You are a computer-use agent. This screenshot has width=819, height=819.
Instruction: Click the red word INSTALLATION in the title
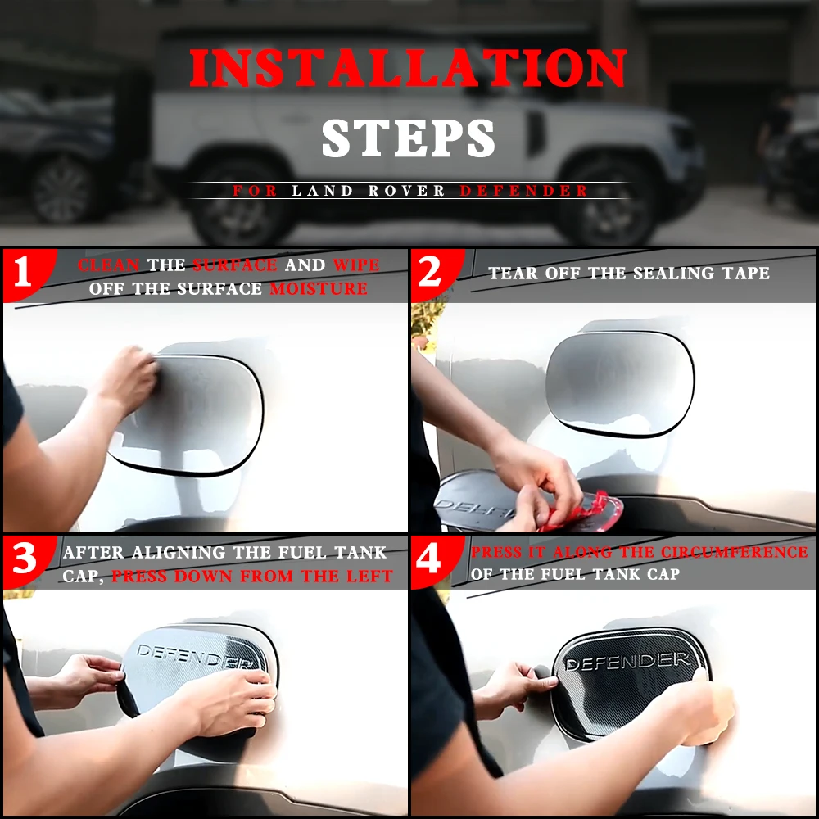pos(408,69)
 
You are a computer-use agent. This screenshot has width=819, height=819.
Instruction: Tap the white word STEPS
pos(408,138)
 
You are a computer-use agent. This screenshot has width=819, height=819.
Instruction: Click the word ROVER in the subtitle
pos(406,191)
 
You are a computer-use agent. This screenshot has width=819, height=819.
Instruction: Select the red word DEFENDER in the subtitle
pos(524,191)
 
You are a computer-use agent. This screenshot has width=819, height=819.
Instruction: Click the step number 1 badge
pos(24,273)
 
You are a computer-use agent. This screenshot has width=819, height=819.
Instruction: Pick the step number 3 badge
pos(25,559)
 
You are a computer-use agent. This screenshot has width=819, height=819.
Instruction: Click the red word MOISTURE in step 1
pos(319,289)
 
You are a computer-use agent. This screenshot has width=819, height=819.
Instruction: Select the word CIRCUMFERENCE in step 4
pos(735,552)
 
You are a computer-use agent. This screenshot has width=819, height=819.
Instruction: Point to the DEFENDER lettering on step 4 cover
pos(628,661)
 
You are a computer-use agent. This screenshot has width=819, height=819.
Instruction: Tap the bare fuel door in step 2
pos(620,384)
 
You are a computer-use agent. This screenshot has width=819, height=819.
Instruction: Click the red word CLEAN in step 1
pos(108,265)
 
